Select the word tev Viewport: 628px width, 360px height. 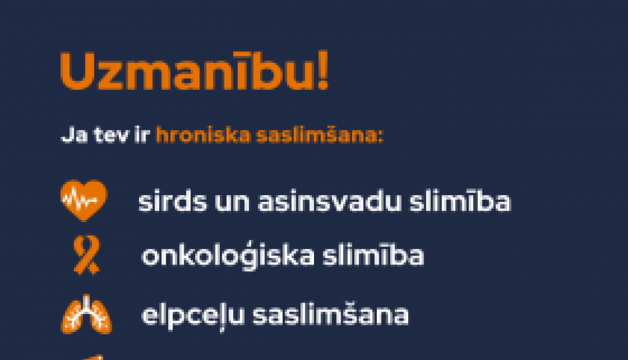click(111, 136)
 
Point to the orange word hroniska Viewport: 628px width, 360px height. click(203, 136)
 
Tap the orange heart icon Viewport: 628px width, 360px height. click(84, 200)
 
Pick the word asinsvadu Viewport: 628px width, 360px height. click(329, 202)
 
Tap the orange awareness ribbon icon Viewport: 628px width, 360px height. click(87, 255)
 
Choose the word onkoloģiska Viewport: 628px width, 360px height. click(228, 256)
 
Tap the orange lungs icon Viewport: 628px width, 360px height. click(87, 315)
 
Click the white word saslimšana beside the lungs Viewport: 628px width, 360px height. click(331, 315)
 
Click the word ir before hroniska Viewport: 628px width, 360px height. click(142, 136)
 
